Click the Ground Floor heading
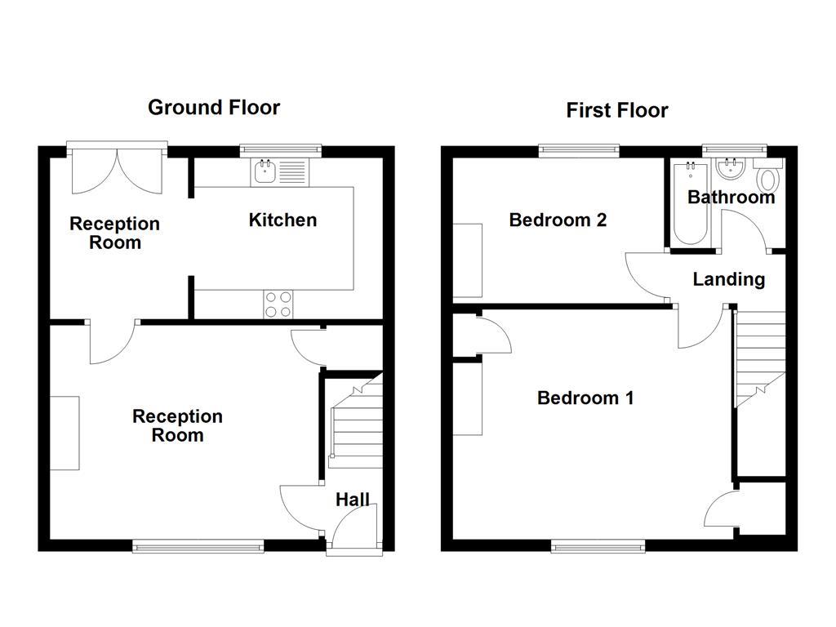(214, 108)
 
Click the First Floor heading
(617, 110)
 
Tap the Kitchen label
(282, 220)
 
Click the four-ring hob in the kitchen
(278, 305)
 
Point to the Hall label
(353, 500)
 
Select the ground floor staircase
(355, 425)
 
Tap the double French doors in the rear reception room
(118, 170)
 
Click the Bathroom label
(731, 198)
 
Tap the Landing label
(729, 279)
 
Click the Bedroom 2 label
(558, 220)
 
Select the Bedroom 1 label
(585, 398)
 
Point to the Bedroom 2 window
(579, 151)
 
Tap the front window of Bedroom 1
(598, 545)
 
